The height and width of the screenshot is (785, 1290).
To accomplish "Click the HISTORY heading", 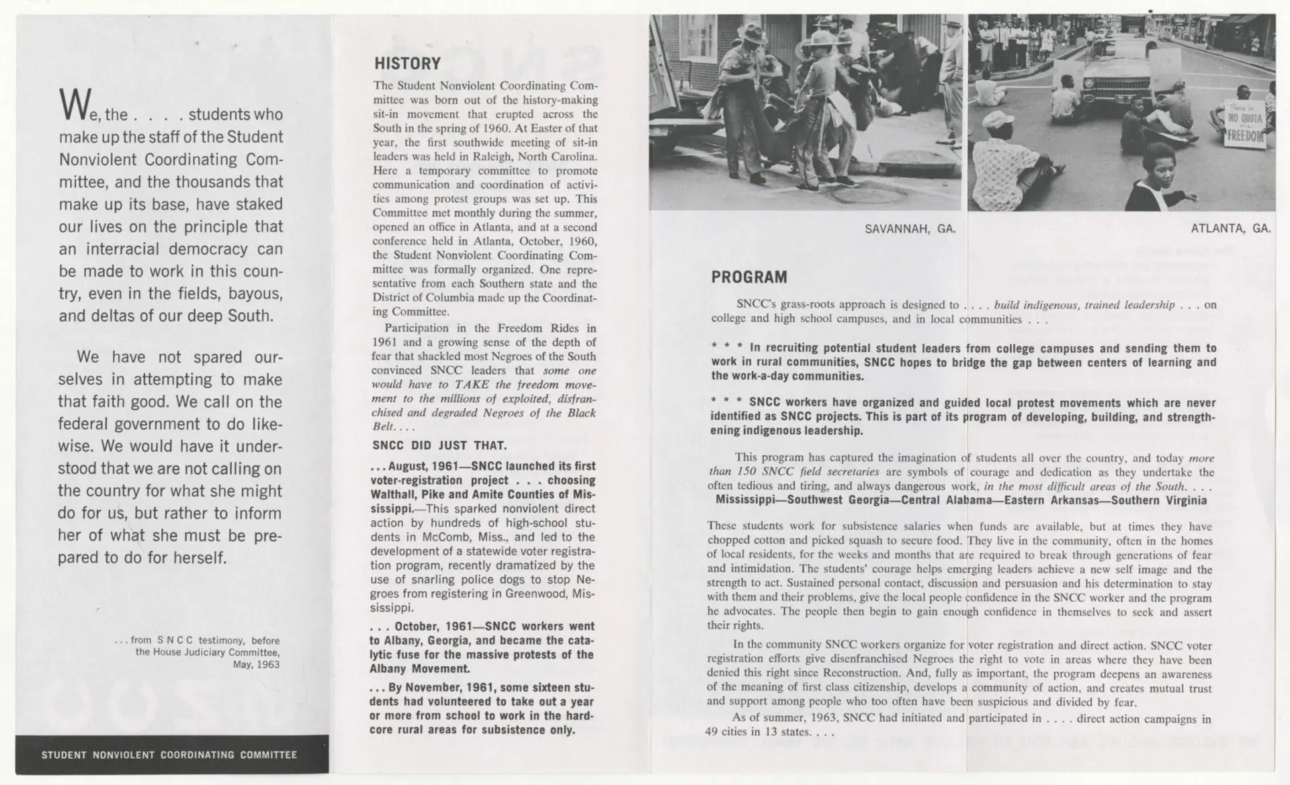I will pyautogui.click(x=407, y=64).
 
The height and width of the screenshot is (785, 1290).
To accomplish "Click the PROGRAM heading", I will pyautogui.click(x=748, y=277).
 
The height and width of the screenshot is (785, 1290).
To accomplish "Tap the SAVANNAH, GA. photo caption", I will pyautogui.click(x=910, y=229).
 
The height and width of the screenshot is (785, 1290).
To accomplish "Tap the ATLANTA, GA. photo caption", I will pyautogui.click(x=1230, y=228).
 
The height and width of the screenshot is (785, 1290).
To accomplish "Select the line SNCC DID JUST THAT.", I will pyautogui.click(x=439, y=445).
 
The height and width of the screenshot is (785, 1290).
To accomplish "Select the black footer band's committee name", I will pyautogui.click(x=169, y=755).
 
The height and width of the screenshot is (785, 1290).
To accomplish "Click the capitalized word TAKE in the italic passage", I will pyautogui.click(x=472, y=385).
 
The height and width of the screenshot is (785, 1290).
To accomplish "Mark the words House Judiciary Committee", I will pyautogui.click(x=207, y=652).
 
